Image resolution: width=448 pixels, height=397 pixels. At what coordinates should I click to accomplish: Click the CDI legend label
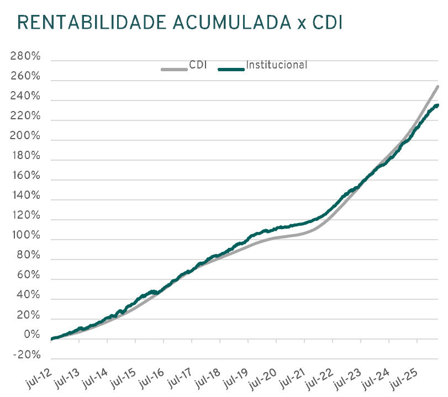(198, 65)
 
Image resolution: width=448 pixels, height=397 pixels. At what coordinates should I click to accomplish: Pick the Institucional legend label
(277, 65)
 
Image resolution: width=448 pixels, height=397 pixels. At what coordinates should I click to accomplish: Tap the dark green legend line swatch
(231, 69)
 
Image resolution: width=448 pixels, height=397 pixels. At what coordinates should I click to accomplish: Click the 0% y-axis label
(32, 335)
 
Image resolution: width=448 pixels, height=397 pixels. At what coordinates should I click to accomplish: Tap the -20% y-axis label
(27, 355)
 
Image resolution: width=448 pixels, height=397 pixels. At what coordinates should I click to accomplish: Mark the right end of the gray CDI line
(438, 86)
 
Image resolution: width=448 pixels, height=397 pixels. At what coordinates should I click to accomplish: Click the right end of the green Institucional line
(438, 105)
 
